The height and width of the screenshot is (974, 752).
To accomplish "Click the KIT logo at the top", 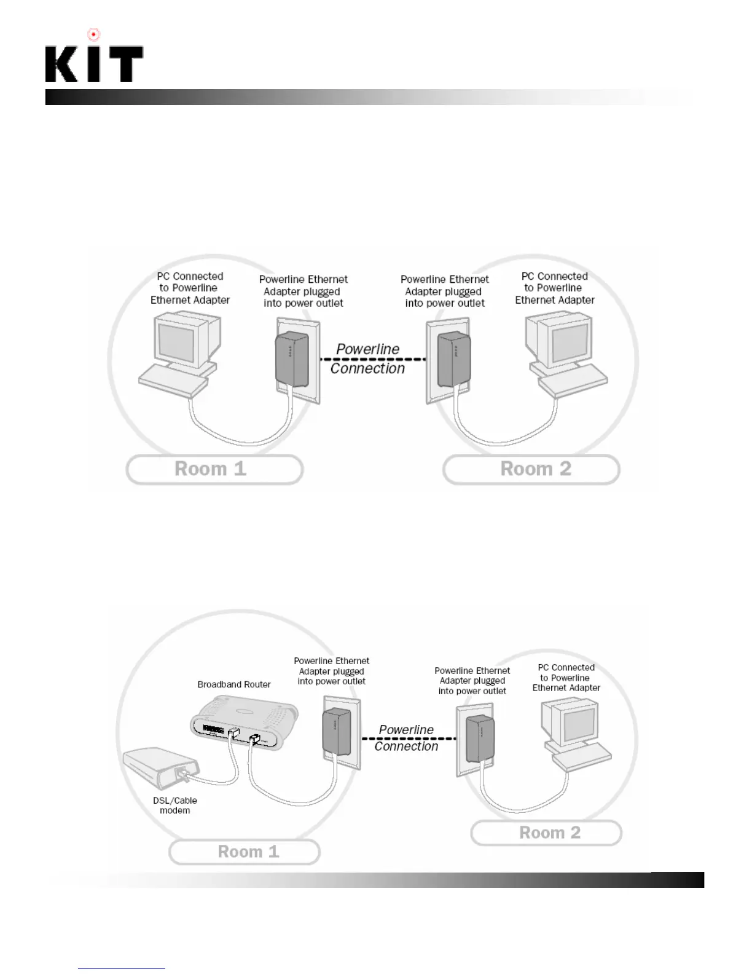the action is pos(94,64).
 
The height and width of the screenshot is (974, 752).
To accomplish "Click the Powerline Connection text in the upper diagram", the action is pos(367,358).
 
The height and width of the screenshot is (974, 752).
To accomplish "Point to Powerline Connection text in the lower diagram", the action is pos(406,738).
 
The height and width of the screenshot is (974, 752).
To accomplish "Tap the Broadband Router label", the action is pos(234,684).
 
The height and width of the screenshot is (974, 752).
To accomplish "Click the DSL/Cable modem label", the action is pos(175,806).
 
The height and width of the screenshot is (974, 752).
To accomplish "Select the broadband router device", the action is pos(244,722).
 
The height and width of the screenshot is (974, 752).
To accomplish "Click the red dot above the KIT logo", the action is pos(93,35).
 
